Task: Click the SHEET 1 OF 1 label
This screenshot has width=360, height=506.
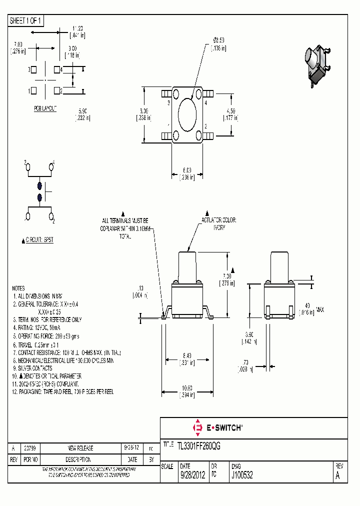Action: click(x=26, y=20)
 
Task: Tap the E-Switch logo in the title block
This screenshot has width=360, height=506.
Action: click(x=217, y=428)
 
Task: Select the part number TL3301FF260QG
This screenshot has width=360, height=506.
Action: click(x=199, y=444)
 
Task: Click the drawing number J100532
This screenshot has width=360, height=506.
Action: click(x=242, y=476)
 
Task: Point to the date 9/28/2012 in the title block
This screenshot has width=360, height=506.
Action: click(x=192, y=476)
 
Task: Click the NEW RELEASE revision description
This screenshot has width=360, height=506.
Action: click(x=80, y=448)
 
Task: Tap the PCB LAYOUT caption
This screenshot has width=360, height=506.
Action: click(x=45, y=108)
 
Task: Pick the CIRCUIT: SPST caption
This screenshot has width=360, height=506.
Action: click(x=39, y=240)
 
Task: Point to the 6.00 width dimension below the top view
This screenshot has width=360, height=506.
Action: click(x=187, y=170)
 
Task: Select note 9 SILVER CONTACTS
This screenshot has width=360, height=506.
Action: click(x=34, y=368)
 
